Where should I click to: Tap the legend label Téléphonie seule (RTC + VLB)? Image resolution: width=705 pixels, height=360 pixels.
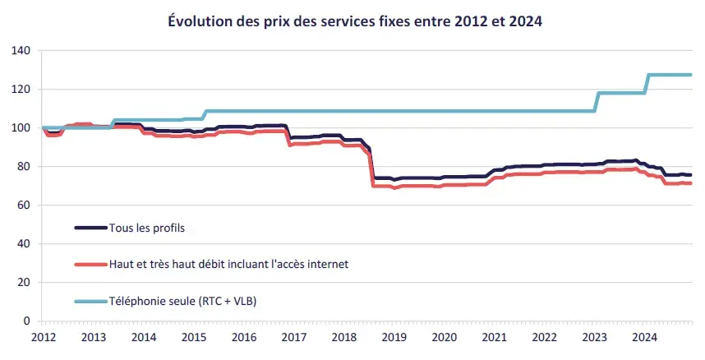[x=183, y=301]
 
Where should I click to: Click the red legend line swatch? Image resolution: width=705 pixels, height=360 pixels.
[x=90, y=264]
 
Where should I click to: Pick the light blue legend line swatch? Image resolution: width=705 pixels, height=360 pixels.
[x=90, y=301]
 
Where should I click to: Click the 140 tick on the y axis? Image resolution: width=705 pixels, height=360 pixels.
[x=22, y=51]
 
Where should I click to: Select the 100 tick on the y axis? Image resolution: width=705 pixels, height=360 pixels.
[x=22, y=128]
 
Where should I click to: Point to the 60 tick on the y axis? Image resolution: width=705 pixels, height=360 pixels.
[x=25, y=205]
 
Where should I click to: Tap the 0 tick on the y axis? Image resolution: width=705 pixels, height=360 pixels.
[x=28, y=321]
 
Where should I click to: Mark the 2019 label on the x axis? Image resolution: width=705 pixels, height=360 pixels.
[x=394, y=337]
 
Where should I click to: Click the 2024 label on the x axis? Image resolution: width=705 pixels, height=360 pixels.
[x=644, y=337]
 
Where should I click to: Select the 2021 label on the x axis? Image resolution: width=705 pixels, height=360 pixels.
[x=494, y=337]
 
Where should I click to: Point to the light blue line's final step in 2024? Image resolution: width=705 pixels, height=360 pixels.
[x=647, y=84]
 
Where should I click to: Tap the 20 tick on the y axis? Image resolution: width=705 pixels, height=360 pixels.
[x=25, y=283]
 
